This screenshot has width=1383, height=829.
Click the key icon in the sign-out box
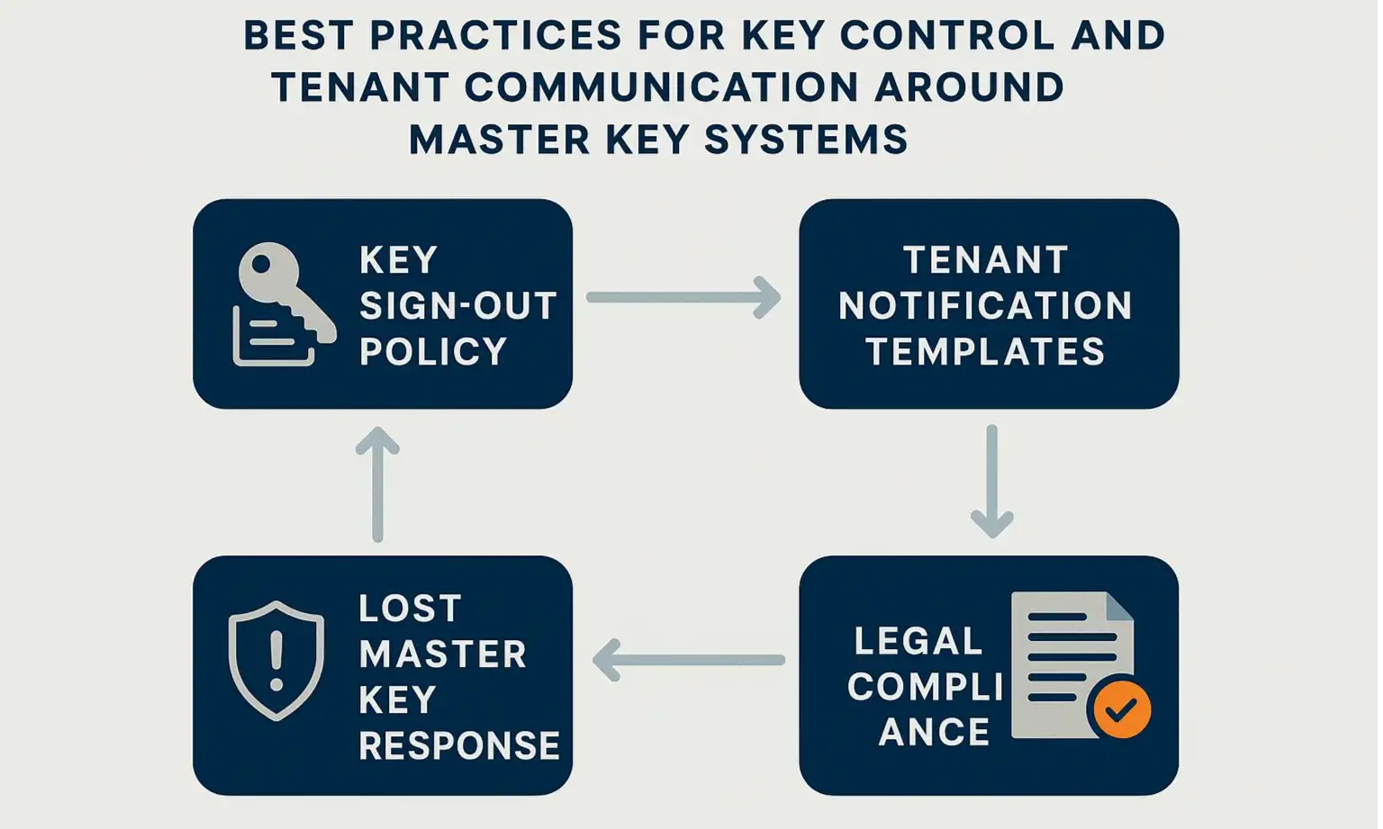point(279,288)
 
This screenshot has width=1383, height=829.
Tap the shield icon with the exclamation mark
point(276,661)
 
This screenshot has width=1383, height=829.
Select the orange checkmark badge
point(1119,708)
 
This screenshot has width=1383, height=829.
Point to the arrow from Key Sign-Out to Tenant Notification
point(683,297)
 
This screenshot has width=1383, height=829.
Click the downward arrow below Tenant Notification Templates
point(991,481)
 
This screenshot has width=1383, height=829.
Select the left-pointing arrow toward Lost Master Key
point(688,660)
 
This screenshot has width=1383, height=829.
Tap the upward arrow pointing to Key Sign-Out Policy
point(377,484)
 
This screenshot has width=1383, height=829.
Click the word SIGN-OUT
point(457,306)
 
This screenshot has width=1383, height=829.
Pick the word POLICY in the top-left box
point(433,351)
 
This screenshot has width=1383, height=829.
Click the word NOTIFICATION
point(985,306)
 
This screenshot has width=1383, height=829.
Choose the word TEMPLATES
point(985,351)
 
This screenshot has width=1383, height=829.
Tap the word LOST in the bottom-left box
point(410,608)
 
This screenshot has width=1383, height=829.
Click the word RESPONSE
point(459,745)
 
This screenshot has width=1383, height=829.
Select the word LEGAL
point(917,642)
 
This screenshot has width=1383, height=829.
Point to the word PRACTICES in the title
point(495,36)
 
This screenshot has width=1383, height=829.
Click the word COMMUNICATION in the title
point(662,87)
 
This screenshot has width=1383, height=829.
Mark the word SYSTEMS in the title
point(805,140)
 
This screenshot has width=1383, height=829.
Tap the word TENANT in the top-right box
point(985,260)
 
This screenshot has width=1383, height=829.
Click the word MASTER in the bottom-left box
point(442,654)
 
